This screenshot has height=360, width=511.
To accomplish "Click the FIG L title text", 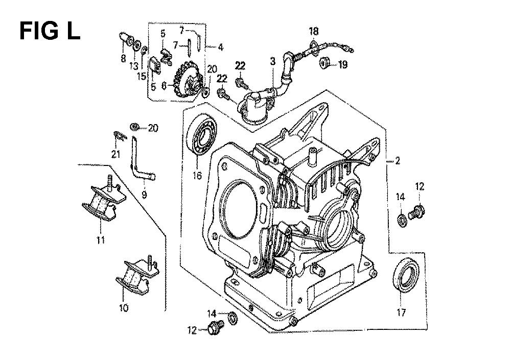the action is pyautogui.click(x=50, y=31).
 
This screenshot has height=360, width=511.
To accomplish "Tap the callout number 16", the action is pyautogui.click(x=197, y=176).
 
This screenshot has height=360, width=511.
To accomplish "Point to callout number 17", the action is pyautogui.click(x=401, y=313).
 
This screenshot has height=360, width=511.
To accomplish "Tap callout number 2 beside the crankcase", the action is pyautogui.click(x=397, y=161).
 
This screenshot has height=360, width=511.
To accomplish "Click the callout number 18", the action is pyautogui.click(x=314, y=31).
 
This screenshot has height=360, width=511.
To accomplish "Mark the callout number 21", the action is pyautogui.click(x=115, y=154).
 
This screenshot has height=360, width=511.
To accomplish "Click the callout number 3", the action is pyautogui.click(x=272, y=61).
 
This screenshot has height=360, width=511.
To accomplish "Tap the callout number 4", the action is pyautogui.click(x=221, y=47).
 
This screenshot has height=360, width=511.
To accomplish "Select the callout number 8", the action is pyautogui.click(x=123, y=59).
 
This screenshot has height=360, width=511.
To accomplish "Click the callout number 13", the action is pyautogui.click(x=134, y=66).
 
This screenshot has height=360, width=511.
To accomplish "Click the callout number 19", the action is pyautogui.click(x=342, y=64).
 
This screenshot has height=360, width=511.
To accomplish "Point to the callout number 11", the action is pyautogui.click(x=100, y=240).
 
